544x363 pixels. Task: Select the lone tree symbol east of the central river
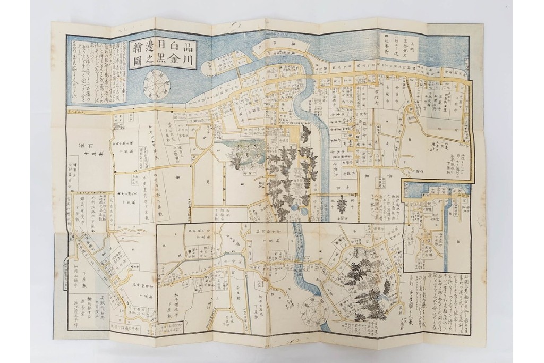pos(339,202)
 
